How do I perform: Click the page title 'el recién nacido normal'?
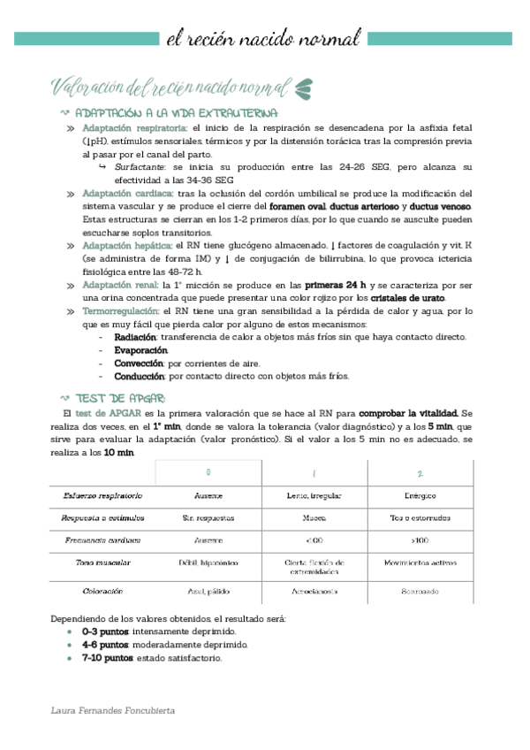(x=264, y=39)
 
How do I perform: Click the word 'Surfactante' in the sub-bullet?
(x=137, y=166)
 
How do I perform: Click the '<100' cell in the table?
(x=314, y=540)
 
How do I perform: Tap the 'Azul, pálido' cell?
(x=208, y=590)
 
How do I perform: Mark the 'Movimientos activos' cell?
(x=420, y=562)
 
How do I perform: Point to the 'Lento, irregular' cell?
(x=314, y=496)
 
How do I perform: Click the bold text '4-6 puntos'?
(x=102, y=646)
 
